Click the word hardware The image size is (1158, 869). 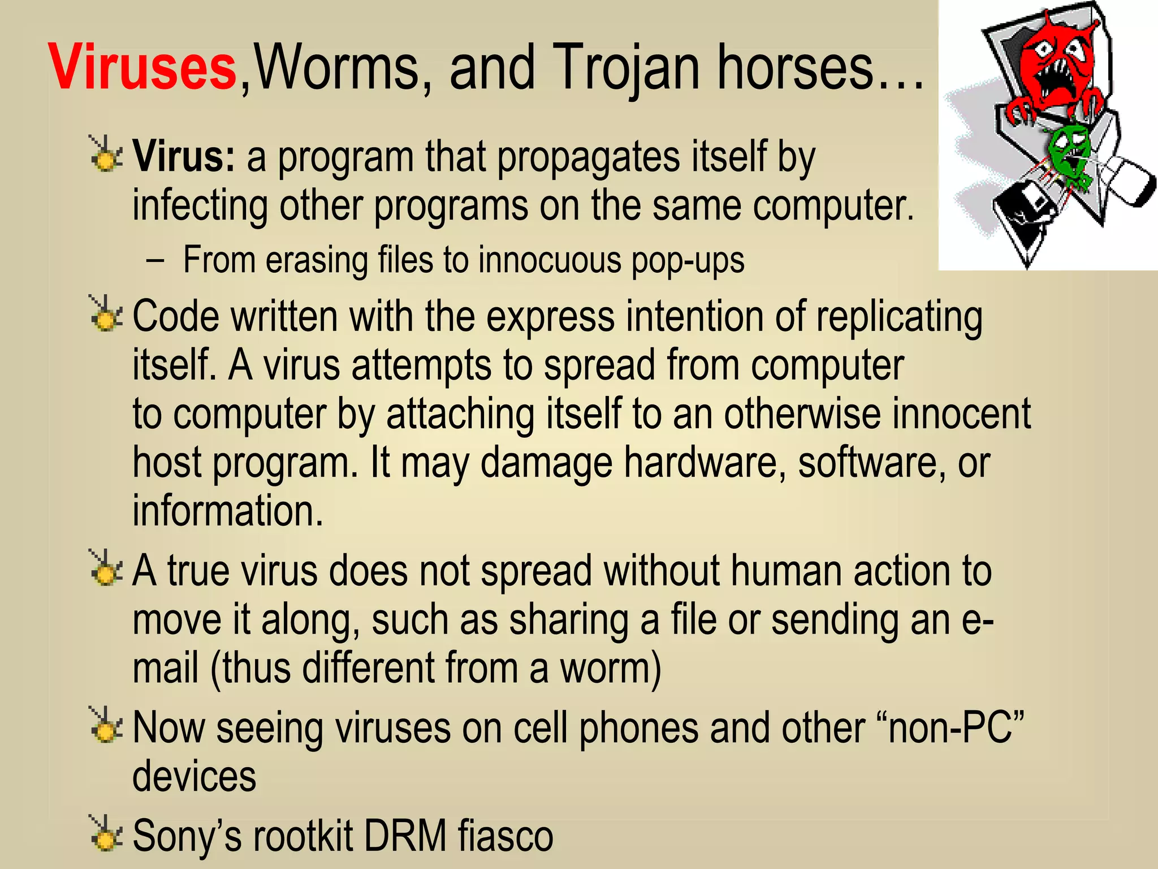[705, 463]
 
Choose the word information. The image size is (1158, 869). [228, 510]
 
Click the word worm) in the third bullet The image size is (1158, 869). [611, 669]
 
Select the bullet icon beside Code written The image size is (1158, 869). [105, 315]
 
